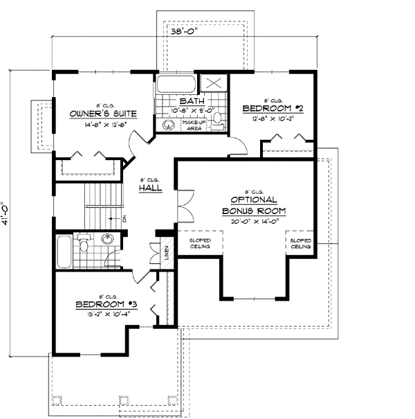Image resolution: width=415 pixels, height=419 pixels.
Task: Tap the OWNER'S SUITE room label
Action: point(102,113)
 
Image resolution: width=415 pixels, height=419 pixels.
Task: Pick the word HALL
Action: point(149,188)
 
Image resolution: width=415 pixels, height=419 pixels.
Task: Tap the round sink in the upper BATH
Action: point(167,125)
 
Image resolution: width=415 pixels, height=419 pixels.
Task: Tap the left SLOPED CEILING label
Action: point(201,244)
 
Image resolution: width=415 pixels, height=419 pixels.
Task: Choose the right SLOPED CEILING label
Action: point(300,244)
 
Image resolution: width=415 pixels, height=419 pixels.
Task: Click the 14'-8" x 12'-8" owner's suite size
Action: point(102,125)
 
